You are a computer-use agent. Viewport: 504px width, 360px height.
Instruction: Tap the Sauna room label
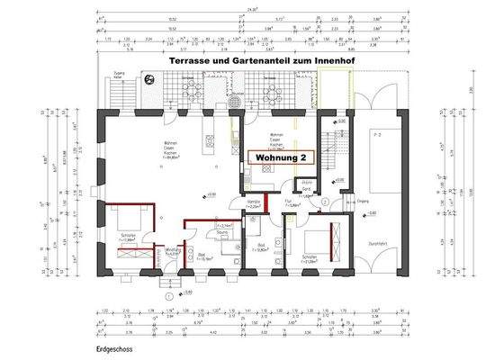click(x=222, y=232)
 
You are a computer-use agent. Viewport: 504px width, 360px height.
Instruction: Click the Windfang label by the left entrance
click(x=173, y=253)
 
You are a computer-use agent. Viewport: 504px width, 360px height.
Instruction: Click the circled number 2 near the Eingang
click(x=324, y=201)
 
